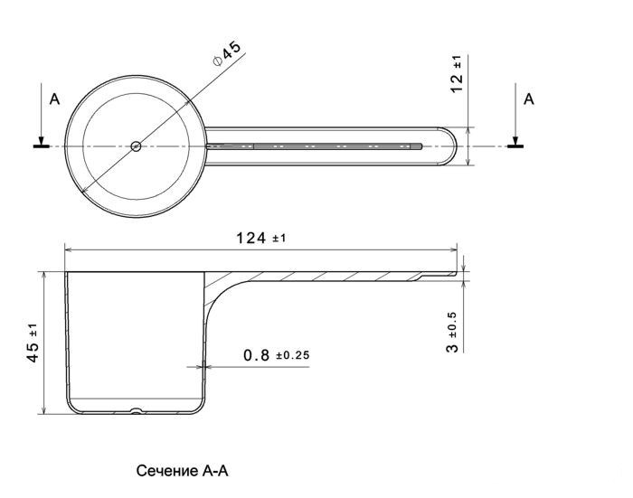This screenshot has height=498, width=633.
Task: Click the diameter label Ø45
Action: pyautogui.click(x=227, y=53)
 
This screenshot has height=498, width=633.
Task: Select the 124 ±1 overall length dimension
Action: pyautogui.click(x=260, y=238)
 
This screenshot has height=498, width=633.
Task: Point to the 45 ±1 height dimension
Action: pyautogui.click(x=33, y=343)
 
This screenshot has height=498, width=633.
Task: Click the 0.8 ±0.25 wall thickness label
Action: pyautogui.click(x=277, y=355)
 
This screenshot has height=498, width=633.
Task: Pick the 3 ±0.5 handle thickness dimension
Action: pyautogui.click(x=452, y=332)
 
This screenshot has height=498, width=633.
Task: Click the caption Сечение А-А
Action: pyautogui.click(x=182, y=471)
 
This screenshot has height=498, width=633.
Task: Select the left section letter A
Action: pyautogui.click(x=54, y=99)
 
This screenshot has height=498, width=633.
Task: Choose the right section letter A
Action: pyautogui.click(x=529, y=99)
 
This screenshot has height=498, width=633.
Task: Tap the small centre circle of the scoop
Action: pyautogui.click(x=136, y=146)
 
